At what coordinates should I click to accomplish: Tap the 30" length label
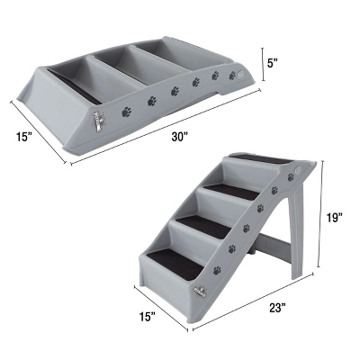click(x=180, y=137)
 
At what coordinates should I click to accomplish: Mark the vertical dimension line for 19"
click(x=327, y=217)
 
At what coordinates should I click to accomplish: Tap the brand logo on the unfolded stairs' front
click(x=196, y=291)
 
